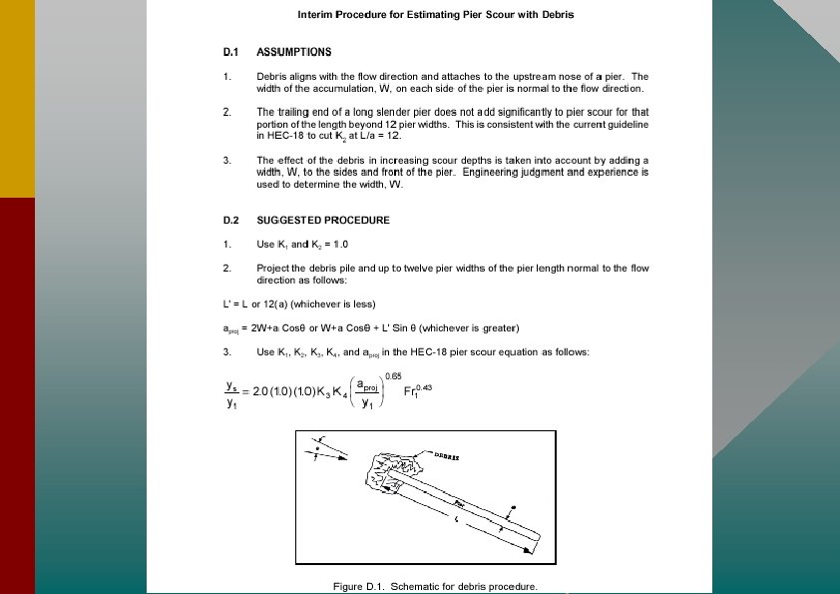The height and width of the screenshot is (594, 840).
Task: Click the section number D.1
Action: point(230,51)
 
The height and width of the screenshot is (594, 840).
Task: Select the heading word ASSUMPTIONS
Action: point(294,51)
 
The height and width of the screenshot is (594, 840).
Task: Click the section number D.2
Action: point(231,220)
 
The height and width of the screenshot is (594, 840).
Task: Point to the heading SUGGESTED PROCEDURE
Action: point(323,220)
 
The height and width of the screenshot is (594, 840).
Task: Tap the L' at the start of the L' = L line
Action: point(226,303)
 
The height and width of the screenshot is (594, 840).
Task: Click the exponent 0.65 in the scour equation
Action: point(392,374)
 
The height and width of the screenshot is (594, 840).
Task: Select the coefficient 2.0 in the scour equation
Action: point(262,392)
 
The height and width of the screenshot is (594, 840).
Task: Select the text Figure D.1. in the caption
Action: point(358,586)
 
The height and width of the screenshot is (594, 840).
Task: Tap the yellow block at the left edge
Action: point(17,100)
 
